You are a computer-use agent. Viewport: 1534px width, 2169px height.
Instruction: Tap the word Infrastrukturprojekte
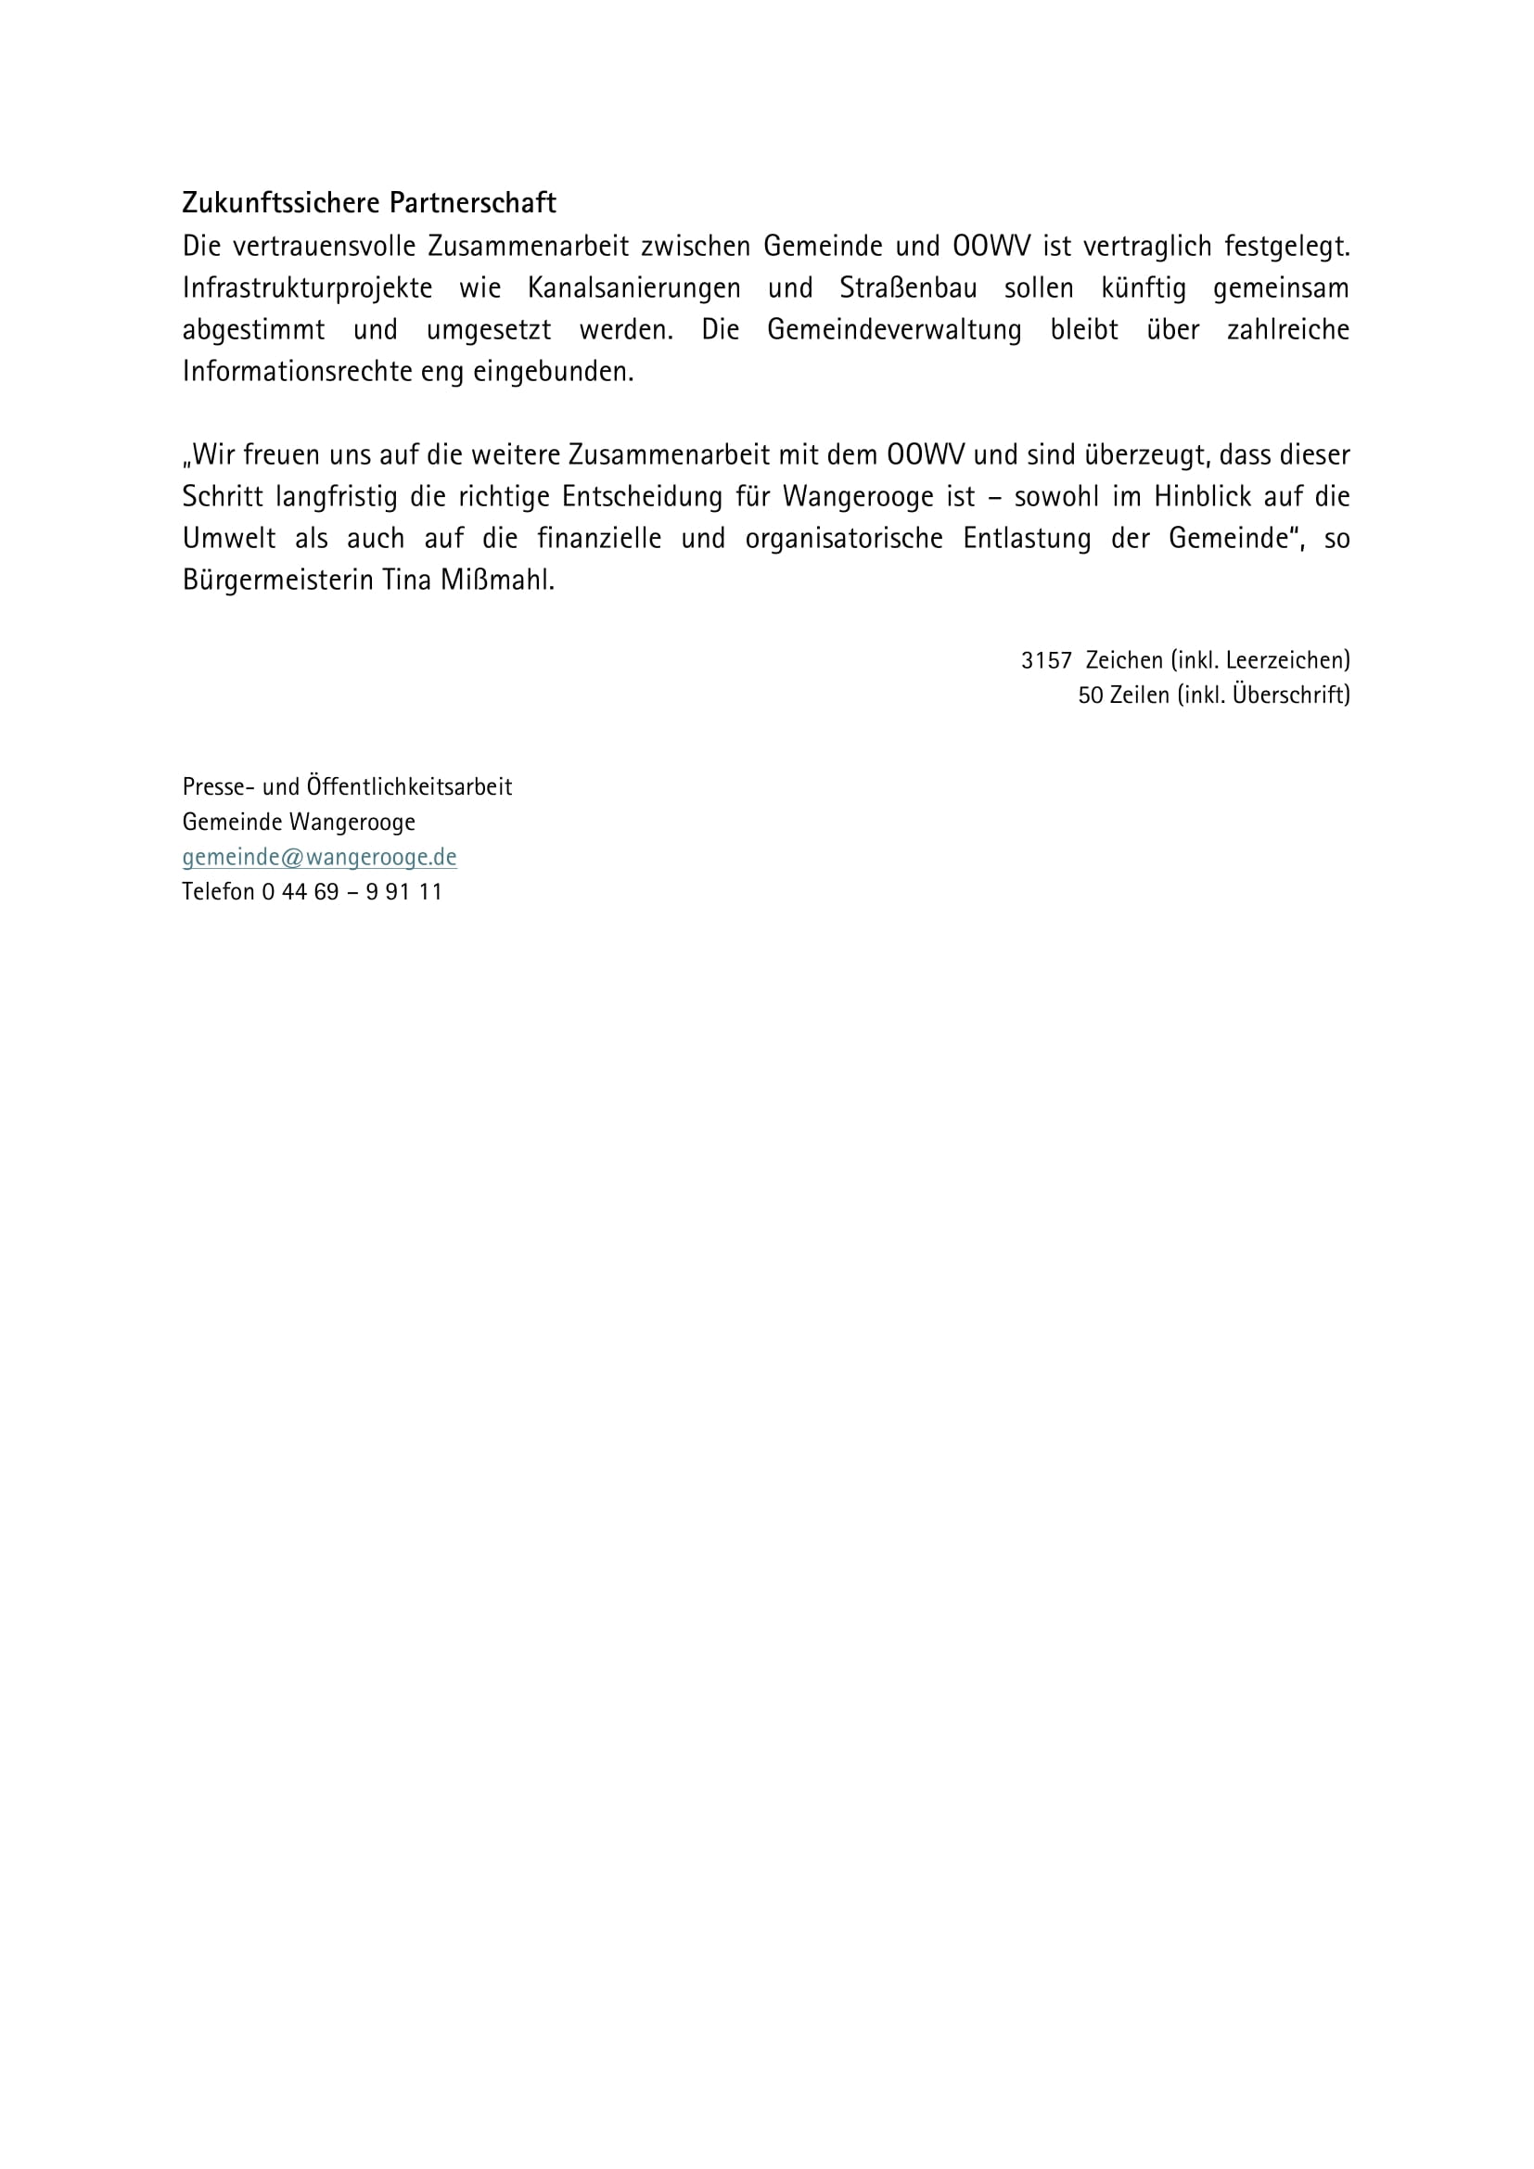click(x=307, y=288)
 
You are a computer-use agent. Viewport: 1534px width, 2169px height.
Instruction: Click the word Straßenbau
click(x=908, y=288)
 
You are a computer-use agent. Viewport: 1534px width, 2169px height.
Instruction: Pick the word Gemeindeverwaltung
click(x=893, y=330)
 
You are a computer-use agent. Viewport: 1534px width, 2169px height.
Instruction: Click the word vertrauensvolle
click(x=324, y=247)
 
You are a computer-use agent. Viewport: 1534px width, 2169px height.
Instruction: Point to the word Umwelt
click(x=228, y=539)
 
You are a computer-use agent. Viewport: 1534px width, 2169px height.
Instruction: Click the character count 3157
click(x=1045, y=660)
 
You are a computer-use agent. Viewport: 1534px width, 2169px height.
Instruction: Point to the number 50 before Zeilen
click(x=1090, y=695)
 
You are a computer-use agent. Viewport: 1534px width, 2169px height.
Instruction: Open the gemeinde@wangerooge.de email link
click(x=319, y=857)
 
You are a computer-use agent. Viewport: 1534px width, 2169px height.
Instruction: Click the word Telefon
click(x=218, y=892)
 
